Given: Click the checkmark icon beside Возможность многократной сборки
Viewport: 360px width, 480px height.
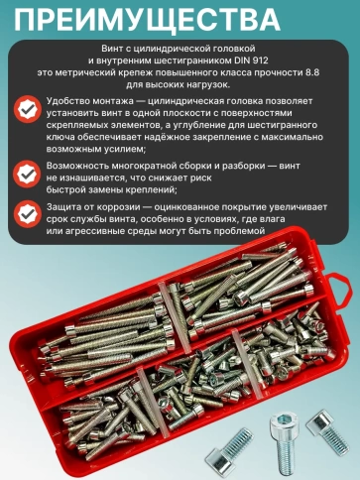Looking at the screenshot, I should pyautogui.click(x=29, y=171).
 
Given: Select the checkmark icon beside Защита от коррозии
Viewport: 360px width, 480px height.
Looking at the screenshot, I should pyautogui.click(x=29, y=213).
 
